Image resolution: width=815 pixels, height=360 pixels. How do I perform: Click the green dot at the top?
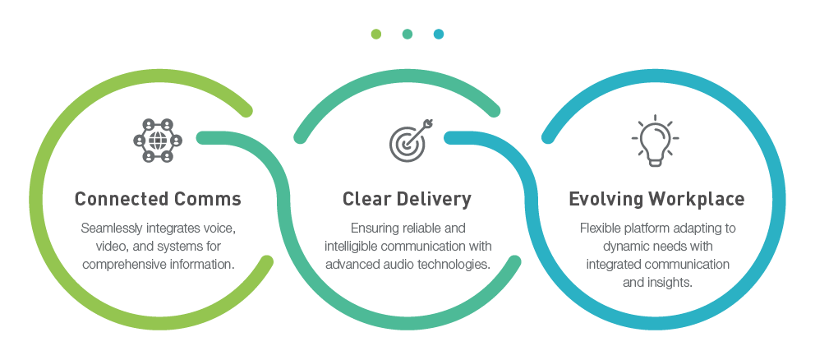click(375, 34)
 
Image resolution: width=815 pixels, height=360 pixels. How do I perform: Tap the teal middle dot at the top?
click(407, 34)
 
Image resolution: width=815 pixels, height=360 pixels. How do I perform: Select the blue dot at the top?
click(438, 34)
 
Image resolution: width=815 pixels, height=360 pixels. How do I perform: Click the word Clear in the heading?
click(364, 199)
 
